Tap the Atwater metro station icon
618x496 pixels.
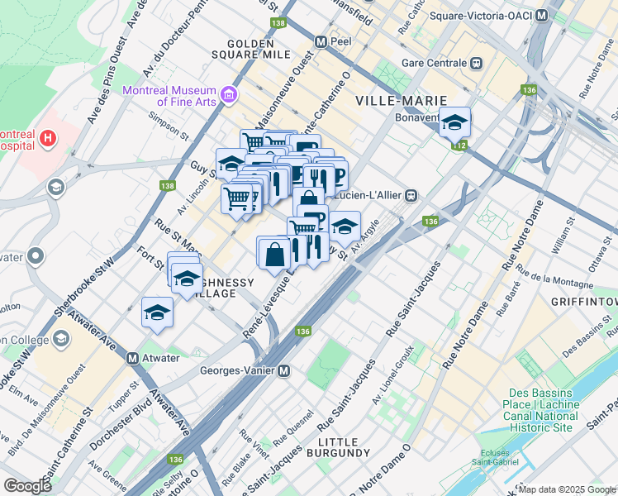coord(131,359)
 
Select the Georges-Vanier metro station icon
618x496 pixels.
coord(283,371)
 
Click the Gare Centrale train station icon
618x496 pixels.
coord(476,63)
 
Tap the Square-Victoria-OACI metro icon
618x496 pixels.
coord(541,16)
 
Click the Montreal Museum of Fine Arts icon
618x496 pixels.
coord(229,96)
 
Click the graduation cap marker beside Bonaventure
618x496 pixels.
coord(454,122)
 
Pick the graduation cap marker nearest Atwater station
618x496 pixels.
coord(157,312)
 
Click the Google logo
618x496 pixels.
coord(28,486)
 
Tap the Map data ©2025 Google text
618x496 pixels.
coord(566,489)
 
